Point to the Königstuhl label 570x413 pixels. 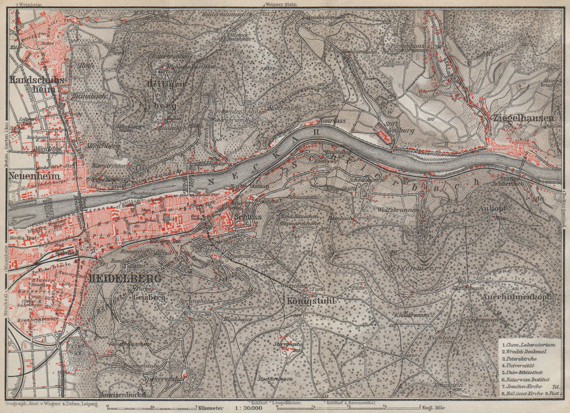pyautogui.click(x=311, y=301)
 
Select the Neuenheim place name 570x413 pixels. pyautogui.click(x=35, y=177)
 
